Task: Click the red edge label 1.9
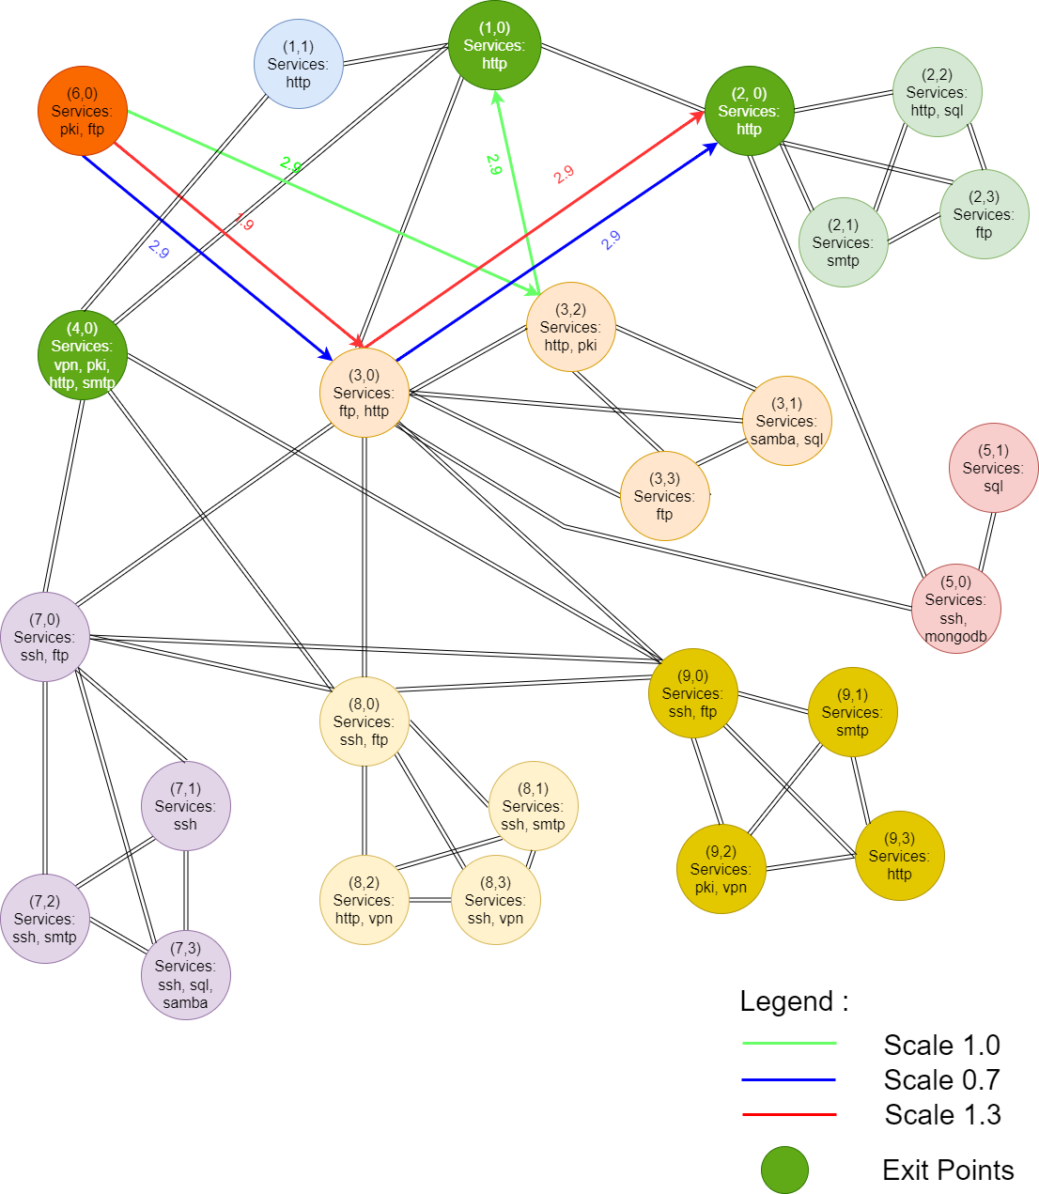244,222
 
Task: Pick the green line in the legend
789,1043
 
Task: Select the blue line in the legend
789,1079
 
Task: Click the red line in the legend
789,1115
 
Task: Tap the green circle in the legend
784,1170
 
